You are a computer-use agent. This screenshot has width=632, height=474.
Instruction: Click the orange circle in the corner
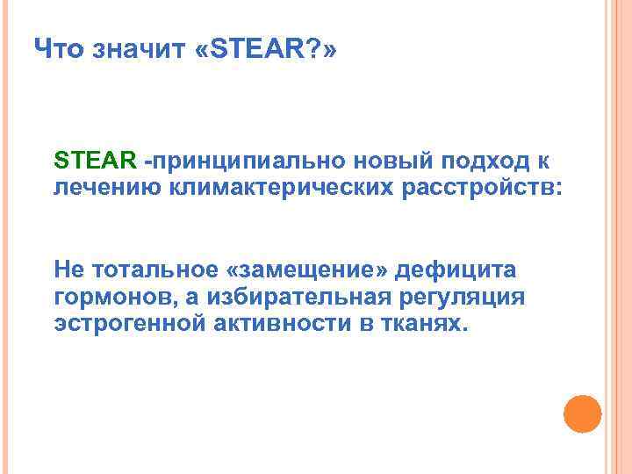point(581,413)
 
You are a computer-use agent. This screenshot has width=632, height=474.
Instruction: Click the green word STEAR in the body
point(94,161)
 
